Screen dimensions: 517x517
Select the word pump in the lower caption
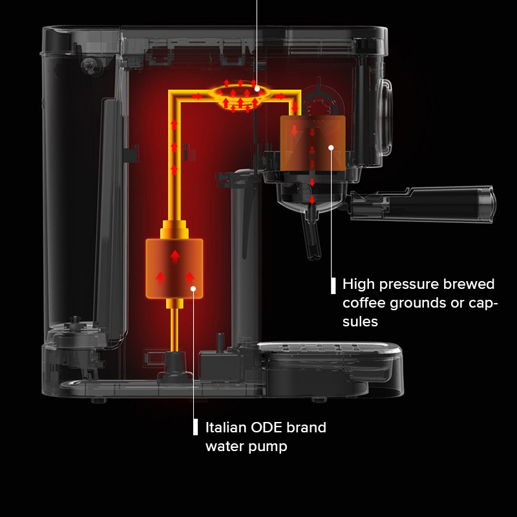pyautogui.click(x=267, y=447)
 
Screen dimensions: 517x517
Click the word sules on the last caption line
pyautogui.click(x=360, y=321)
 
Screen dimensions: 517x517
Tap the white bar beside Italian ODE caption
pyautogui.click(x=196, y=427)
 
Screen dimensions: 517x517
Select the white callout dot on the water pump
pyautogui.click(x=193, y=288)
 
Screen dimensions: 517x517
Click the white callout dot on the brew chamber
pyautogui.click(x=331, y=147)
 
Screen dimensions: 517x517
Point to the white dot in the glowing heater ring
pyautogui.click(x=257, y=89)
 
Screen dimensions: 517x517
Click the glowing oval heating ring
pyautogui.click(x=240, y=96)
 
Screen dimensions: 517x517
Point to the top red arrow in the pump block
pyautogui.click(x=174, y=257)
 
